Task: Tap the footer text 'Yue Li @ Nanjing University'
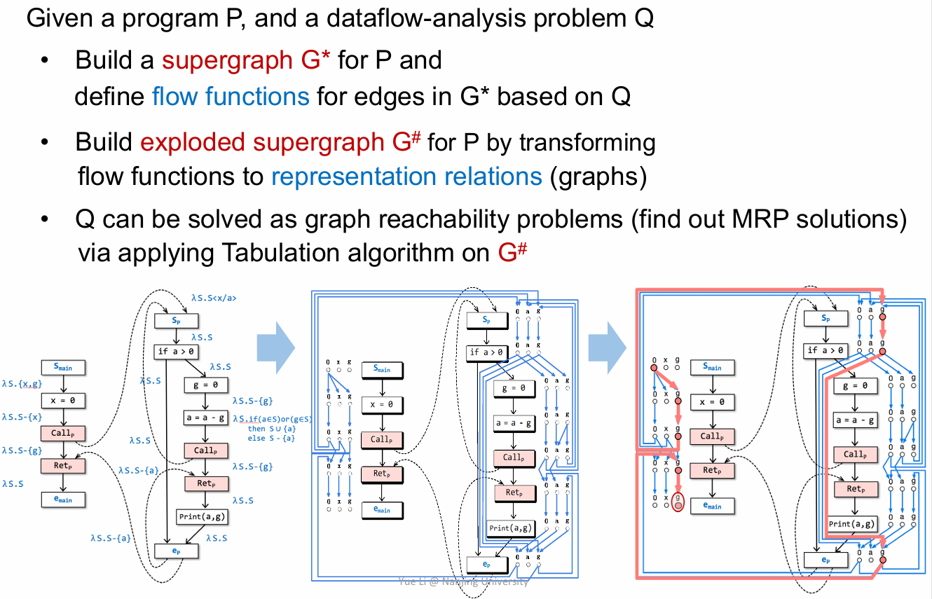463,581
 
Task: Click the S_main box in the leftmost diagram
62,366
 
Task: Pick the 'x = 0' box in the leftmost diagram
62,400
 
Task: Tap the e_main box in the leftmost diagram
62,500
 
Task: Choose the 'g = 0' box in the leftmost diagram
205,385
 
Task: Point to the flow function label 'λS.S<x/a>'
213,298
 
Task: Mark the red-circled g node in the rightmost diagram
677,502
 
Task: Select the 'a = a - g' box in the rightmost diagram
854,420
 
